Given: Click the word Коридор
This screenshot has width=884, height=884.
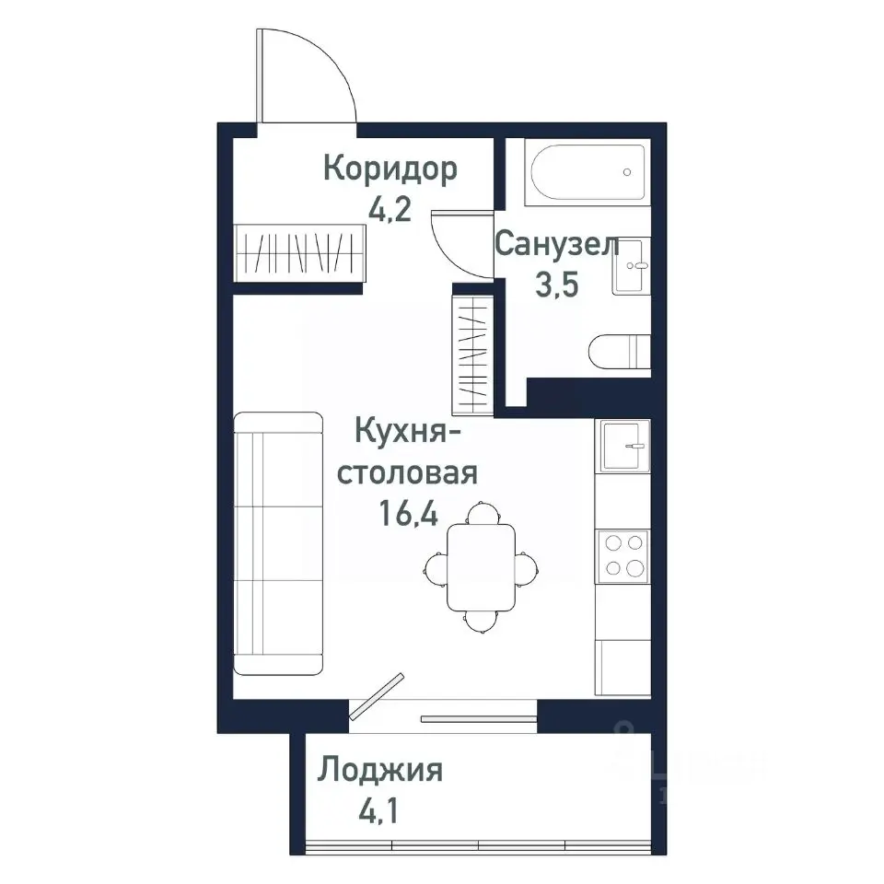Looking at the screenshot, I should [390, 169].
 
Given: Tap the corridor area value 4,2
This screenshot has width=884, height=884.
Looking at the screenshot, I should [389, 211].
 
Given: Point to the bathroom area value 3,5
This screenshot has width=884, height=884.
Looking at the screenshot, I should [556, 285].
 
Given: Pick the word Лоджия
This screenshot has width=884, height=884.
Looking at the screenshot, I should [380, 770].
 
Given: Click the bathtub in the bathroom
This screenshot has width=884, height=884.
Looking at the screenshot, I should [587, 172].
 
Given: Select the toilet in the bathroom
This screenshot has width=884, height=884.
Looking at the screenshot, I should [620, 352].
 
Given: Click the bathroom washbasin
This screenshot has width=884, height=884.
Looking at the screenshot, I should [632, 267].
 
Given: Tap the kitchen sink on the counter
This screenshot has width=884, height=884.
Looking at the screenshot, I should [623, 445].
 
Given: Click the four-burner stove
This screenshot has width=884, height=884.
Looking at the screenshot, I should [622, 556].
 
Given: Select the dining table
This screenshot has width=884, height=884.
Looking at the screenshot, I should [482, 566].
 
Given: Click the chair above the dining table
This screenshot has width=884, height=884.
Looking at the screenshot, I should [481, 512].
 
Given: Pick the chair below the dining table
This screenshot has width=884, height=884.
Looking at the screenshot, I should [481, 622].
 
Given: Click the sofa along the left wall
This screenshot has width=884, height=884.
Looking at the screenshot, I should [278, 543].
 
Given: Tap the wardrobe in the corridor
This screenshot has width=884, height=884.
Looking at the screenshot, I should [300, 252].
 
